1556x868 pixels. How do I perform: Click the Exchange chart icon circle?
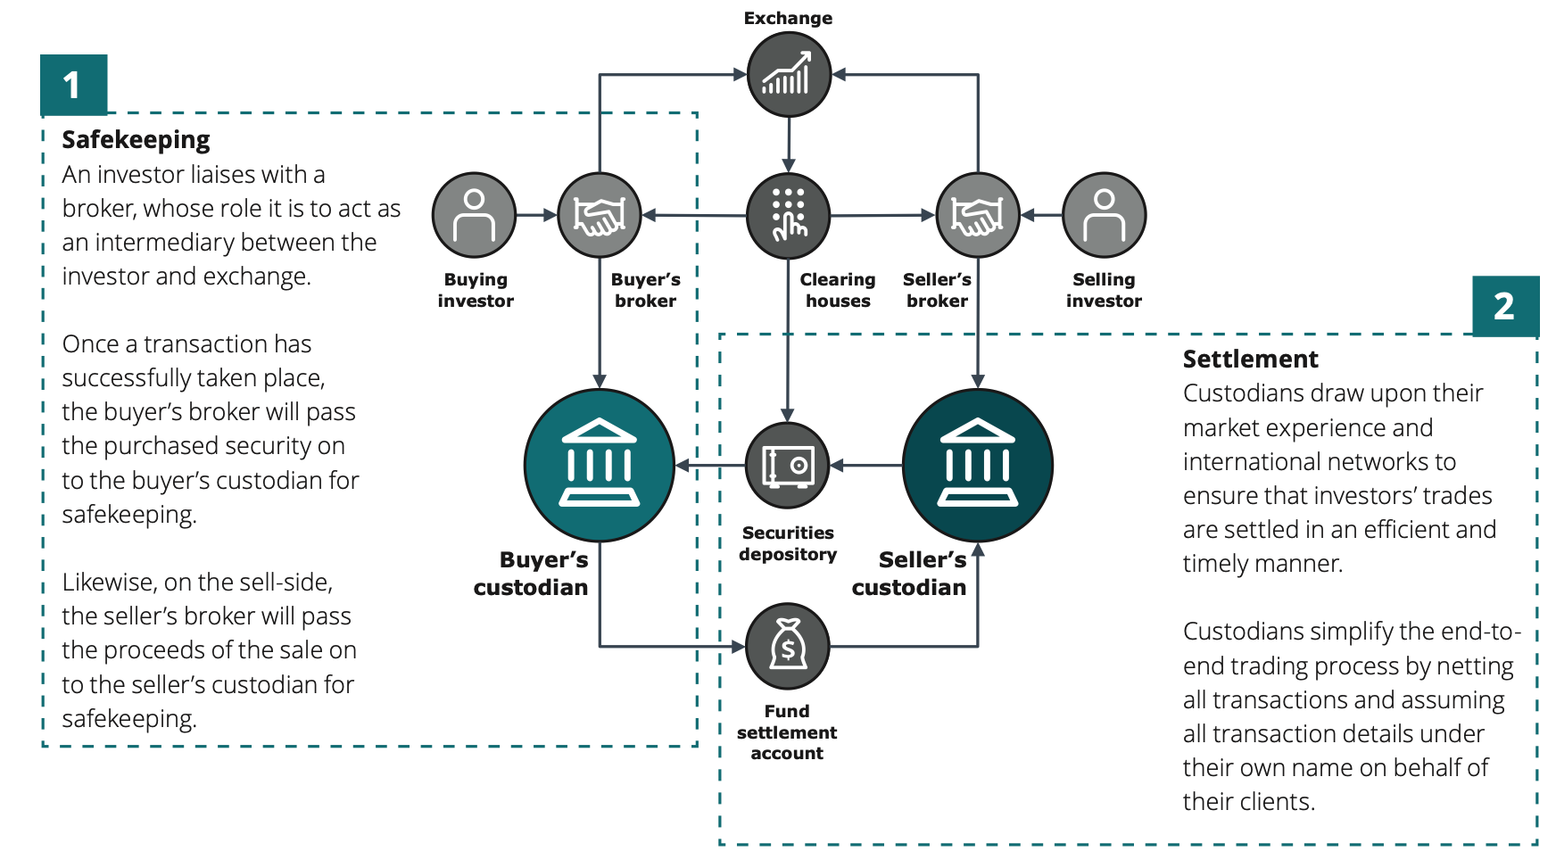(x=789, y=75)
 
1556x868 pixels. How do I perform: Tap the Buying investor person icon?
(x=474, y=215)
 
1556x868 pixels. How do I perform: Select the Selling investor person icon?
(x=1104, y=215)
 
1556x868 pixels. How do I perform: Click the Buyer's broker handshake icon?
(x=600, y=215)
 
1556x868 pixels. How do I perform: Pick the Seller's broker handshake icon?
(x=978, y=215)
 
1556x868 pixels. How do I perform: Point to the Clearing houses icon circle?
(x=789, y=215)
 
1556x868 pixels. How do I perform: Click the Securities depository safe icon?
(x=788, y=466)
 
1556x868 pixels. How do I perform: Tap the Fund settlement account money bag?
(x=788, y=646)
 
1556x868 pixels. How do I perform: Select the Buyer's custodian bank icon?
(x=600, y=465)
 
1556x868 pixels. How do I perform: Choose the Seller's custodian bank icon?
(x=978, y=465)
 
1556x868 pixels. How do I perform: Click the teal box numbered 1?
(x=73, y=85)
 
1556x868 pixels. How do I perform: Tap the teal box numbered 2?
(x=1505, y=306)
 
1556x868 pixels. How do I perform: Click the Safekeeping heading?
(x=136, y=140)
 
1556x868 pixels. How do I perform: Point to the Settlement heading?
(x=1250, y=360)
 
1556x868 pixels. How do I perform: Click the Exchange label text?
(x=788, y=18)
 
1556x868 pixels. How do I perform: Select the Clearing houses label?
(x=838, y=291)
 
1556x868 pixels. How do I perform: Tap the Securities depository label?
(x=788, y=543)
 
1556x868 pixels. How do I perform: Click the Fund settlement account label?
(x=787, y=732)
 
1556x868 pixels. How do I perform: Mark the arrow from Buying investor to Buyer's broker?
(x=537, y=215)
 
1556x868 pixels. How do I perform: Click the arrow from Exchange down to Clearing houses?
(x=789, y=143)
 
